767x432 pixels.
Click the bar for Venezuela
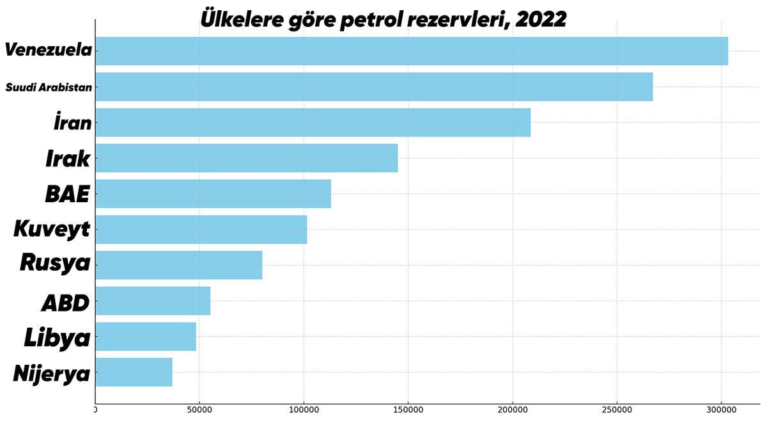tap(412, 51)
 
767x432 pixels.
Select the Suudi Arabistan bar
tap(374, 86)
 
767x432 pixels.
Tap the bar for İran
tap(313, 122)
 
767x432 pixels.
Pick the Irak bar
tap(246, 158)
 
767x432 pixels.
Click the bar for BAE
tap(213, 193)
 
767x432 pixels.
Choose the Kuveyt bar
tap(201, 229)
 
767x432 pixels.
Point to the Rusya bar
tap(178, 265)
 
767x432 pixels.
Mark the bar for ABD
tap(153, 301)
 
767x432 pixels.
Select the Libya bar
tap(146, 337)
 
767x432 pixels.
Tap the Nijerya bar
tap(134, 372)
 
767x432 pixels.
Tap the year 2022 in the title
tap(541, 19)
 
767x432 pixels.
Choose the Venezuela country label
tap(49, 51)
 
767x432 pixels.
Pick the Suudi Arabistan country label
tap(49, 87)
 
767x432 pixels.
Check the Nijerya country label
tap(52, 373)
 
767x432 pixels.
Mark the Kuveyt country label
tap(52, 229)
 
